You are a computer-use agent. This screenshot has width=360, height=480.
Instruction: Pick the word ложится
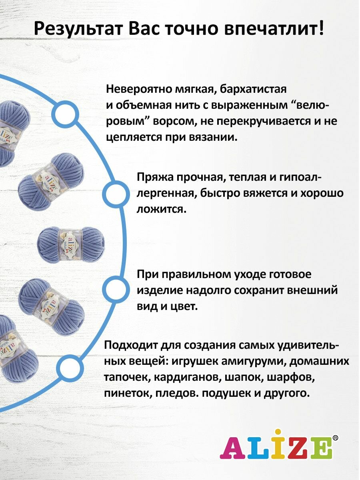(162, 209)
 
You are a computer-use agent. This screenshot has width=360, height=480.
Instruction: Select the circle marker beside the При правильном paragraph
(116, 288)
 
